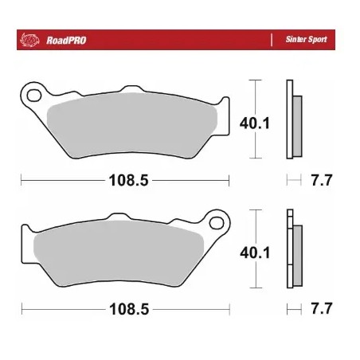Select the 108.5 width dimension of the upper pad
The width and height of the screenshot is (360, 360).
click(128, 180)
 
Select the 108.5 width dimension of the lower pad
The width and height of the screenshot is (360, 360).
click(128, 308)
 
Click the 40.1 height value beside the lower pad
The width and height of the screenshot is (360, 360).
click(255, 252)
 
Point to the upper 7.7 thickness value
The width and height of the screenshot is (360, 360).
click(320, 180)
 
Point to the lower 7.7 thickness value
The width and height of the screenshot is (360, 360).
click(320, 308)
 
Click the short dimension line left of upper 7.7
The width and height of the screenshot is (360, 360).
click(293, 180)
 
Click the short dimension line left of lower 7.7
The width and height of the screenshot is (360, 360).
click(293, 308)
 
